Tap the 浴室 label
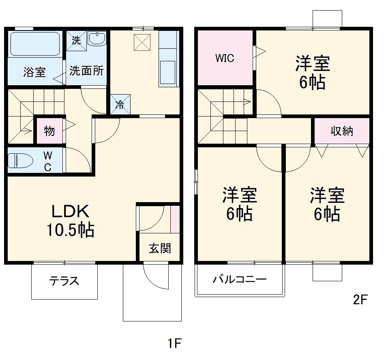pyautogui.click(x=34, y=73)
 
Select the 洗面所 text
pyautogui.click(x=86, y=71)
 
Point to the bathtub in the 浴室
pyautogui.click(x=35, y=44)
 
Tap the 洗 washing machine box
pyautogui.click(x=76, y=40)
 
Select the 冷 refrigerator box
pyautogui.click(x=121, y=104)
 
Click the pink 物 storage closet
pyautogui.click(x=49, y=131)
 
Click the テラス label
pyautogui.click(x=64, y=281)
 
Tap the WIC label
pyautogui.click(x=225, y=58)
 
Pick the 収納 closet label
pyautogui.click(x=342, y=131)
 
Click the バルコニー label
pyautogui.click(x=240, y=280)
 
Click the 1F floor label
pyautogui.click(x=174, y=343)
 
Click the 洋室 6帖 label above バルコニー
pyautogui.click(x=239, y=204)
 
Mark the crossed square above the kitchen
pyautogui.click(x=142, y=42)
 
